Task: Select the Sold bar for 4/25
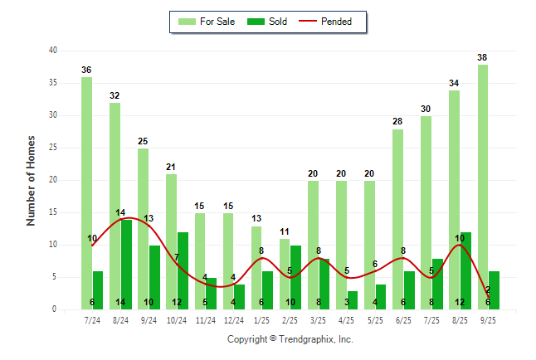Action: (353, 299)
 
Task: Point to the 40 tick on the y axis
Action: (52, 51)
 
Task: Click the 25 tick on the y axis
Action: (52, 148)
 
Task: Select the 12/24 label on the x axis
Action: (234, 319)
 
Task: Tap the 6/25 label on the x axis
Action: (403, 319)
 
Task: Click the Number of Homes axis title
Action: (31, 180)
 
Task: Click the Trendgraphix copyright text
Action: (290, 339)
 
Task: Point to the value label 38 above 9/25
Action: (483, 57)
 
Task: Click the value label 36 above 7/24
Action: (86, 71)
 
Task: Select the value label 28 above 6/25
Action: (397, 122)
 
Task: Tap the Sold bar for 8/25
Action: (465, 270)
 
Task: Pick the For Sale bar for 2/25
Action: (285, 274)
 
